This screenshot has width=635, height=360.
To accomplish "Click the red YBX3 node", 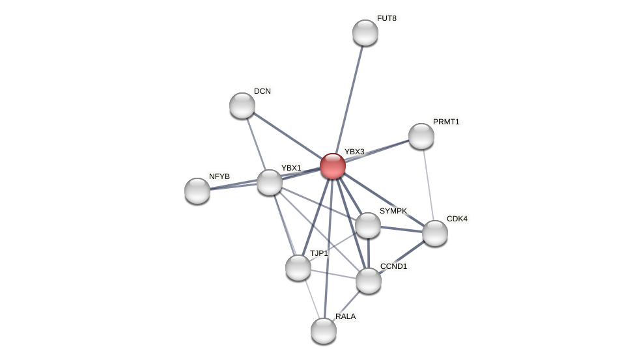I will click(x=333, y=166).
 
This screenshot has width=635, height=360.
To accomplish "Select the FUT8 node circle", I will click(x=365, y=33).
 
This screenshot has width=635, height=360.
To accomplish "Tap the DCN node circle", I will click(x=242, y=105).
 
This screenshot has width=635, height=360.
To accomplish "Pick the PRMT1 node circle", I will click(x=421, y=136).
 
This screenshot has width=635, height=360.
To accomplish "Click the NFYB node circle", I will click(x=197, y=191).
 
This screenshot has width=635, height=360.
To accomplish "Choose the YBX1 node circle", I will click(x=270, y=182).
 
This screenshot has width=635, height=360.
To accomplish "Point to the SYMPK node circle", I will click(x=368, y=225).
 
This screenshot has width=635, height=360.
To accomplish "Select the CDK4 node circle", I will click(x=435, y=233).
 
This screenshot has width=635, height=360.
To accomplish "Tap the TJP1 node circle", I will click(x=298, y=268).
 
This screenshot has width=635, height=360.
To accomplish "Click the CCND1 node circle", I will click(x=369, y=281).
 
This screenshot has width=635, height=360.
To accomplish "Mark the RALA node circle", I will click(x=324, y=331).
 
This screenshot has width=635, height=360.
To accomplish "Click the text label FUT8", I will click(x=387, y=18).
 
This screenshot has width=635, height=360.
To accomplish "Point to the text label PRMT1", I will click(x=446, y=122).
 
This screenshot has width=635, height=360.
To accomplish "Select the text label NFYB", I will click(x=219, y=176).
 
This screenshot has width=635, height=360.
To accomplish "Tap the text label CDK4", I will click(x=457, y=219).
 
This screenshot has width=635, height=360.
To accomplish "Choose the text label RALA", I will click(x=346, y=316).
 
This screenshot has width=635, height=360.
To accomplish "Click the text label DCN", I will click(x=262, y=91).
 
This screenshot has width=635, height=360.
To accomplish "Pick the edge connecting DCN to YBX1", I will click(x=256, y=144).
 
